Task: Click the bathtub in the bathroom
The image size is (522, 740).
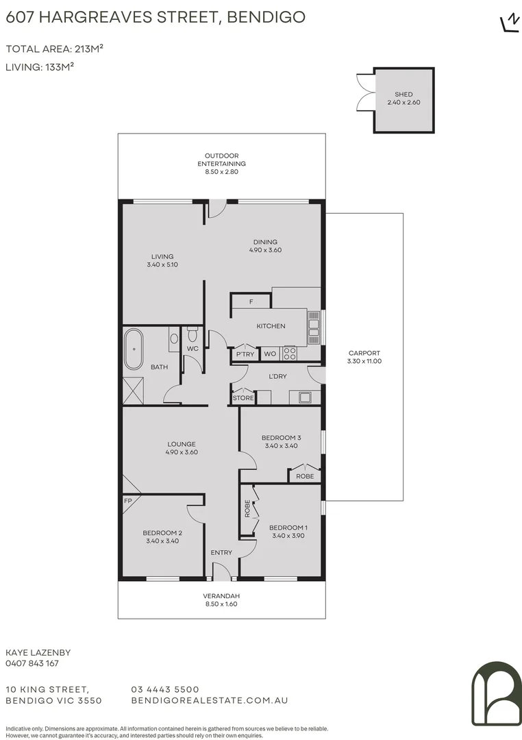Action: tap(134, 349)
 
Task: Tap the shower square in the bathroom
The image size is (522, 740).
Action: tap(134, 390)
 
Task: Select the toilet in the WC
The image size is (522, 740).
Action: tap(192, 336)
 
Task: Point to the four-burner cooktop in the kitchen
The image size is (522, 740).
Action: tap(289, 354)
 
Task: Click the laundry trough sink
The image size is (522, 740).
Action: tap(301, 397)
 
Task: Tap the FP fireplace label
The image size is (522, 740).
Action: tap(127, 501)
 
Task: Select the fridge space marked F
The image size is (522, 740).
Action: tap(251, 301)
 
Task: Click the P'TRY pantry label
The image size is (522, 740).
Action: tap(245, 354)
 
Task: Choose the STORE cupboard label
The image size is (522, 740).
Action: tap(243, 398)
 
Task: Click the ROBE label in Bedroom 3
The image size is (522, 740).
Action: tap(305, 476)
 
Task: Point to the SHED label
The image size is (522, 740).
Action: tap(403, 95)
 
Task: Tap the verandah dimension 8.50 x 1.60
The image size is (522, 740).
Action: tap(221, 604)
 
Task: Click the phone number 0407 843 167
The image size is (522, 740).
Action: tap(32, 663)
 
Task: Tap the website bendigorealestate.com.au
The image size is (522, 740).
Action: tap(209, 700)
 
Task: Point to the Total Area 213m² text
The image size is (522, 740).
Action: tap(54, 49)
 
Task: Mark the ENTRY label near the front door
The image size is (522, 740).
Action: tap(221, 552)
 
